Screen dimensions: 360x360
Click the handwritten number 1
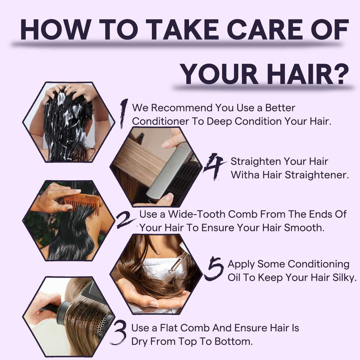click(124, 113)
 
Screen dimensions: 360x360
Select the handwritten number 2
click(125, 220)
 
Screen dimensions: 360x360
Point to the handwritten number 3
click(119, 332)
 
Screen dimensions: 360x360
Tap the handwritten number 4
click(214, 166)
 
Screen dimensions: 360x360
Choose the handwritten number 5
click(214, 268)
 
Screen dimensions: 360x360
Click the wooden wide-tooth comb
click(82, 203)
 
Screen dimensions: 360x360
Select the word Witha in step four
click(245, 175)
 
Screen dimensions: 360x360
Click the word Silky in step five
click(344, 278)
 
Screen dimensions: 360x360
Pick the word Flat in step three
click(169, 328)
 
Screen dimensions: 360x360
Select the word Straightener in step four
click(317, 175)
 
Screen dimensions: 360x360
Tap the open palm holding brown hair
click(149, 298)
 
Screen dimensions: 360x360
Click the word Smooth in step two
click(304, 228)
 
